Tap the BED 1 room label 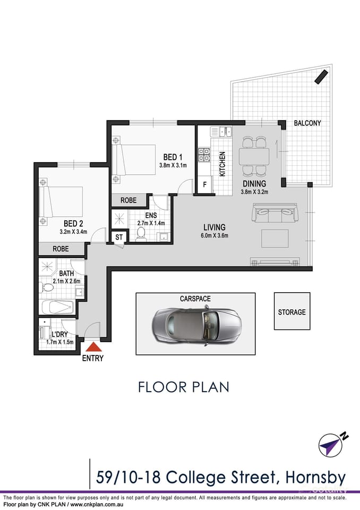click(x=173, y=157)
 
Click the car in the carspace click(x=196, y=324)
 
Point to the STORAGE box click(x=292, y=312)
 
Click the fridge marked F click(x=204, y=185)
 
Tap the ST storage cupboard click(x=118, y=237)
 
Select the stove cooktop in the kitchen click(x=204, y=154)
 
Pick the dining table click(x=254, y=157)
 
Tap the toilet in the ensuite click(x=141, y=234)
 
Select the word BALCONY click(x=307, y=123)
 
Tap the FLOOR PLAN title click(x=184, y=387)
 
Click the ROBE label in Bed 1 click(x=128, y=201)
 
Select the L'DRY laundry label click(x=59, y=335)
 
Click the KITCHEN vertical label click(x=222, y=164)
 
